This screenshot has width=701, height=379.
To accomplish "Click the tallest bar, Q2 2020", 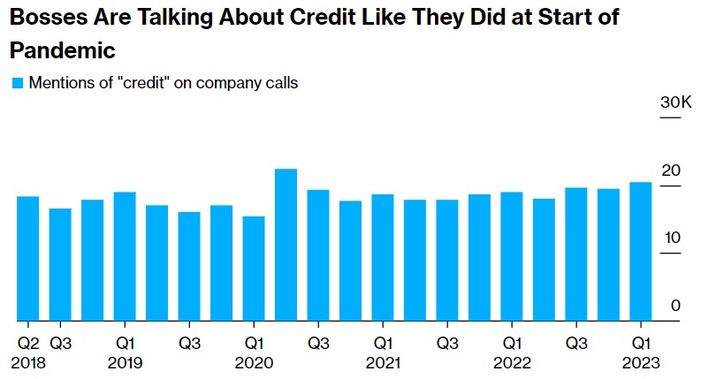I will [x=286, y=245].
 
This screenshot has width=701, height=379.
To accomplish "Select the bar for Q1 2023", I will [x=640, y=251].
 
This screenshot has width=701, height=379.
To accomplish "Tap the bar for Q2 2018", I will [x=27, y=258].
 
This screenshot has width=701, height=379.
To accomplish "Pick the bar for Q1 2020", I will [x=254, y=269].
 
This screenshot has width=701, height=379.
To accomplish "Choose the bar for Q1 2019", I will [x=125, y=256].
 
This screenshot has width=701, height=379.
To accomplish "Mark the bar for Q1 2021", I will [x=382, y=257].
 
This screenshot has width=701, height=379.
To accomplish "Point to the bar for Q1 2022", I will [x=511, y=256].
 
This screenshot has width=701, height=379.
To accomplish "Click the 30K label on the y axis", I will [x=675, y=104].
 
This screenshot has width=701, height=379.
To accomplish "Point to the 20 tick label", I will [x=672, y=171].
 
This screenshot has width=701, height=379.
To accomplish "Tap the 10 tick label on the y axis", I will [x=672, y=238].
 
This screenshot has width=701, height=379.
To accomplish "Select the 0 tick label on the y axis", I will [x=675, y=305].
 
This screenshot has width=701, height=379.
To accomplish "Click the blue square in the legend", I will [x=17, y=84].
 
